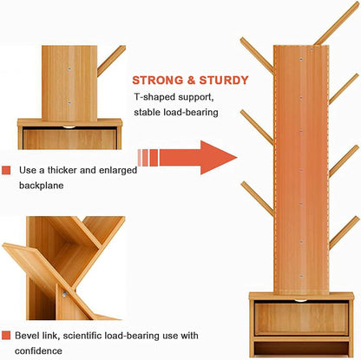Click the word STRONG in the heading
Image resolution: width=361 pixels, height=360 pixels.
pyautogui.click(x=158, y=81)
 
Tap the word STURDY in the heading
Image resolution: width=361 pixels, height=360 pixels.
pyautogui.click(x=224, y=81)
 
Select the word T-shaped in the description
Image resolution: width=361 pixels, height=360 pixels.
pyautogui.click(x=154, y=97)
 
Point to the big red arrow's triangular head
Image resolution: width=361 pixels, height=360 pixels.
pyautogui.click(x=217, y=158)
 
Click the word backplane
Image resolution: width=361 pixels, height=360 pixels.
pyautogui.click(x=42, y=186)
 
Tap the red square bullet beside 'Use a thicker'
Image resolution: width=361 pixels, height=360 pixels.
pyautogui.click(x=6, y=170)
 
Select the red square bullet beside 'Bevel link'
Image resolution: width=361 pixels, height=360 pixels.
pyautogui.click(x=6, y=336)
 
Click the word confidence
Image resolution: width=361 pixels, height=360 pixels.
pyautogui.click(x=38, y=351)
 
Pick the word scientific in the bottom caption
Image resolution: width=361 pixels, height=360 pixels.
pyautogui.click(x=82, y=336)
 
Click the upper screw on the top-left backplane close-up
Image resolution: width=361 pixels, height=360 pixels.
pyautogui.click(x=69, y=69)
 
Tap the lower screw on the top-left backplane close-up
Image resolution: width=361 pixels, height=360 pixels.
pyautogui.click(x=69, y=102)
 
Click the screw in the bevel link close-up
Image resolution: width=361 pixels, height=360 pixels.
pyautogui.click(x=64, y=294)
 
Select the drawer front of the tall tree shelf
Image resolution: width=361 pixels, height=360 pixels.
pyautogui.click(x=301, y=318)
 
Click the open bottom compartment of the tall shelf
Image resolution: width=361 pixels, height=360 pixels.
pyautogui.click(x=301, y=349)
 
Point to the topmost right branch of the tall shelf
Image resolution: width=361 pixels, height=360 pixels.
pyautogui.click(x=337, y=23)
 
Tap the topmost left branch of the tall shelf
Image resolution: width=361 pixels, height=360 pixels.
pyautogui.click(x=257, y=56)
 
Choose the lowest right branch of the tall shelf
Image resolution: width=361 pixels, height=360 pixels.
pyautogui.click(x=344, y=232)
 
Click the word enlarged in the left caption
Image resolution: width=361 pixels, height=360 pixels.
pyautogui.click(x=118, y=170)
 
